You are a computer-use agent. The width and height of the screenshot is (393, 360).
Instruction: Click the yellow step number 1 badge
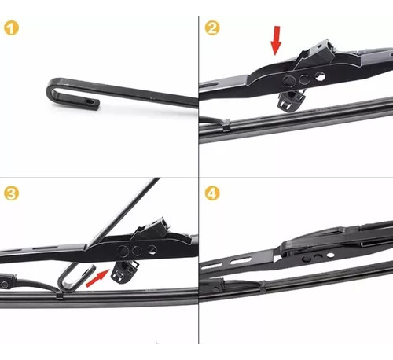pyautogui.click(x=11, y=28)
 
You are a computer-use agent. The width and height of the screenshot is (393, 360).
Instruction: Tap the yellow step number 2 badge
pyautogui.click(x=212, y=28)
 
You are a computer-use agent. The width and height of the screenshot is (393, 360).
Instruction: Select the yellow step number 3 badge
pyautogui.click(x=11, y=193)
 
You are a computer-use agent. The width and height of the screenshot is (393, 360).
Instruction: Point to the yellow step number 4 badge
pyautogui.click(x=212, y=193)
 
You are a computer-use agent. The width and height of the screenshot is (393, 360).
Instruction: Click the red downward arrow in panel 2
pyautogui.click(x=276, y=41)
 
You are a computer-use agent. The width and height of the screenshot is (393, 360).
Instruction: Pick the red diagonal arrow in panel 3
pyautogui.click(x=97, y=278)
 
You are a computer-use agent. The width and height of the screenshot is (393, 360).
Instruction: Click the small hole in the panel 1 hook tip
pyautogui.click(x=90, y=101)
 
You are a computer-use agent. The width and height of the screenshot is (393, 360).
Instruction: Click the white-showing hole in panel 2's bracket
pyautogui.click(x=320, y=76)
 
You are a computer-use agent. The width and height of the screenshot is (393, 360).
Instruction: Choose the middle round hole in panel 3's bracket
pyautogui.click(x=137, y=251)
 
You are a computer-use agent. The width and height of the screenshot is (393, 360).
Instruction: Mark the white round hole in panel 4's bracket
pyautogui.click(x=331, y=255)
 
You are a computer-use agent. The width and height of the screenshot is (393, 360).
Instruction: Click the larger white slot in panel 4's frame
pyautogui.click(x=241, y=261)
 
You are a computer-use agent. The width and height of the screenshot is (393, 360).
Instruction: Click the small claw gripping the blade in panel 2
pyautogui.click(x=225, y=126)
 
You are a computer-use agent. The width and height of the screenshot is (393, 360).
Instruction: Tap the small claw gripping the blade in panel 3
pyautogui.click(x=59, y=295)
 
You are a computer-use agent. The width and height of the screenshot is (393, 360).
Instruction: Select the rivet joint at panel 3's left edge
pyautogui.click(x=4, y=285)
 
